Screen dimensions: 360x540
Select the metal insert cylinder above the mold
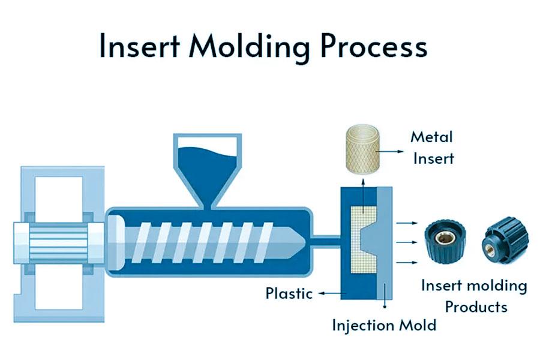(x=361, y=145)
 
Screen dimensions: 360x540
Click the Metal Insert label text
(x=431, y=147)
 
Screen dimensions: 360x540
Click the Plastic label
(x=289, y=293)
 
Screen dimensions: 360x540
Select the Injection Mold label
(x=384, y=326)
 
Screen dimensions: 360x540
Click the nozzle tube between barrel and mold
(x=325, y=241)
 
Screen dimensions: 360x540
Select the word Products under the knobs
(x=476, y=307)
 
